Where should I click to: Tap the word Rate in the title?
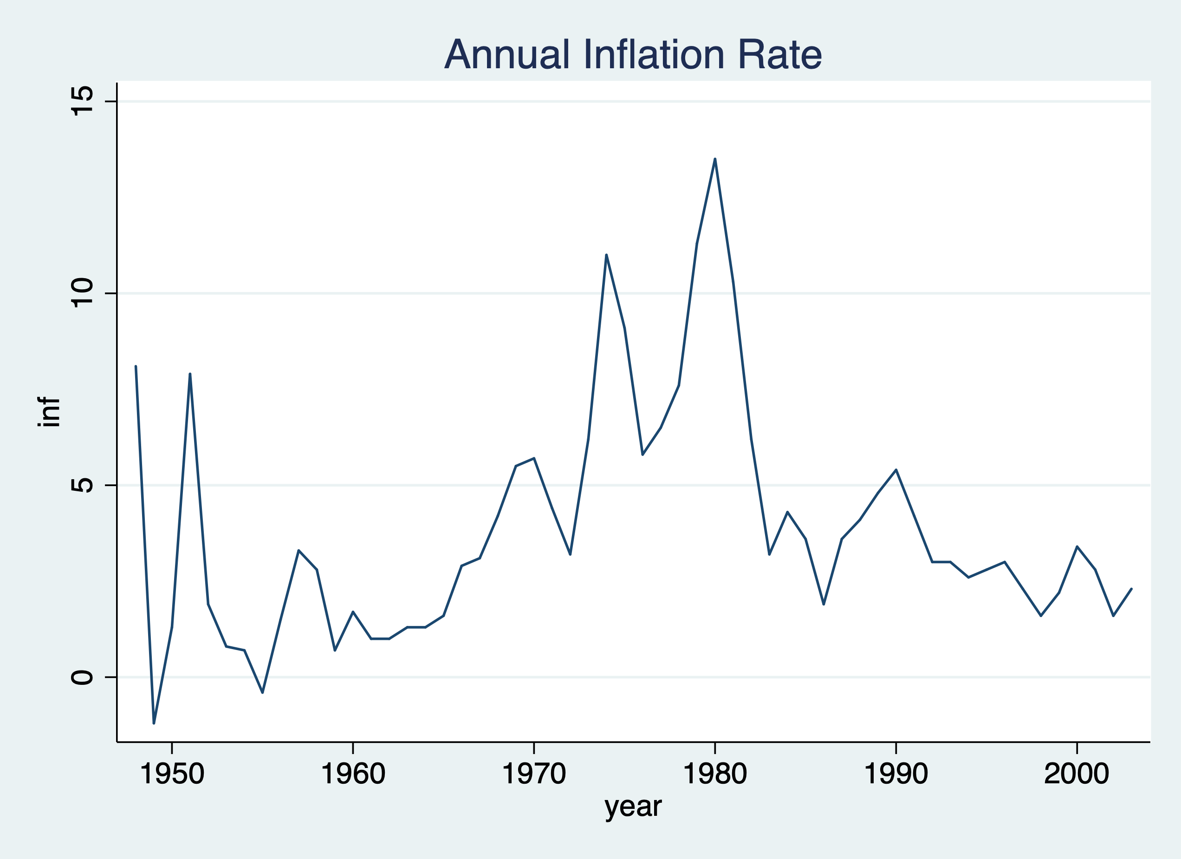[779, 55]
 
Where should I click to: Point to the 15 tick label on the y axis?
[82, 101]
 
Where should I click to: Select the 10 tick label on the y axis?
[82, 293]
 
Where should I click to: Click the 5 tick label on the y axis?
[82, 485]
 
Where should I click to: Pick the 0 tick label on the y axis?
[82, 677]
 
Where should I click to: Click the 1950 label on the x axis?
[172, 774]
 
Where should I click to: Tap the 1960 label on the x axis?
[353, 774]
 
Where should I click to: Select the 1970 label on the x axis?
[534, 774]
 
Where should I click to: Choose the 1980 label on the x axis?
[715, 774]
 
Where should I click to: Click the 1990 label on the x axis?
[895, 774]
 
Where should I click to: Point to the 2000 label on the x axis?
[1077, 774]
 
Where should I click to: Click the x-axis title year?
[633, 807]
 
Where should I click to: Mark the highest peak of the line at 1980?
[715, 159]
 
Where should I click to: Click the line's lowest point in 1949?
[154, 722]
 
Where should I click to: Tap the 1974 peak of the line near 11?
[606, 255]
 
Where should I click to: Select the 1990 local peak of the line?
[895, 470]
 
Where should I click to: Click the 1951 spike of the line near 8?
[190, 375]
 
